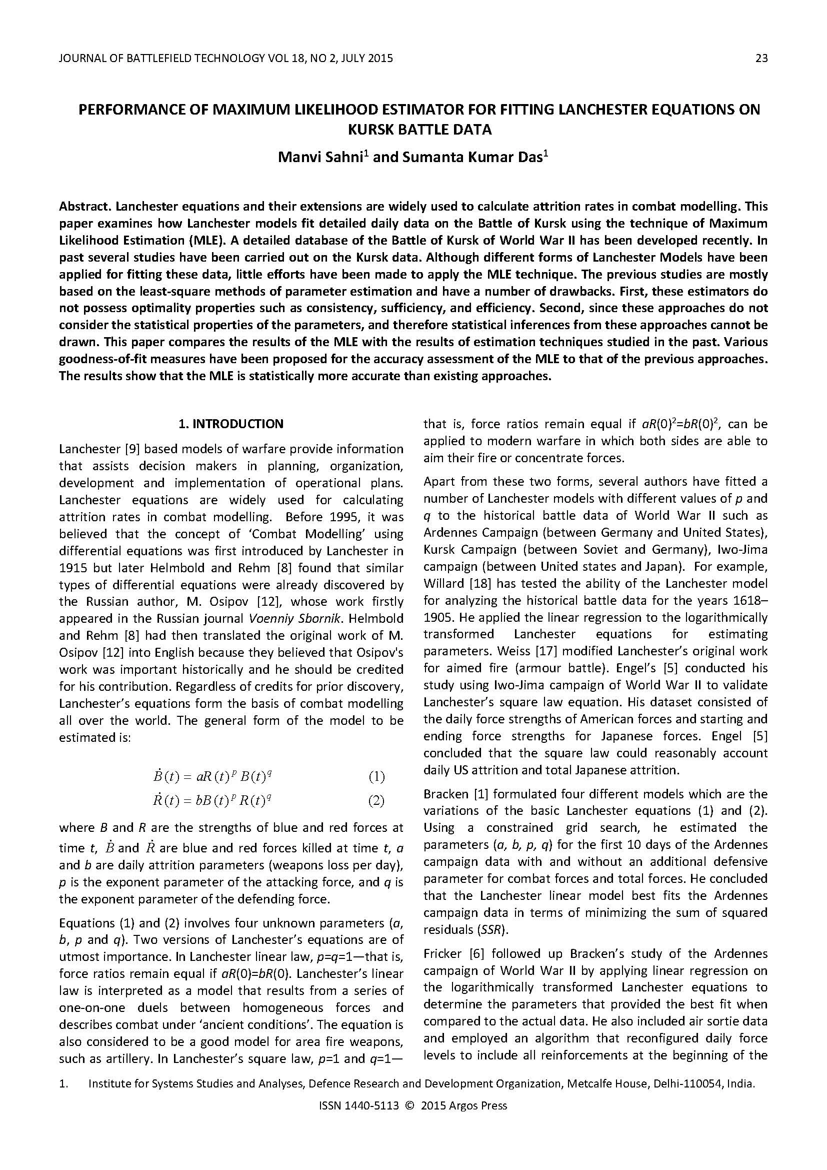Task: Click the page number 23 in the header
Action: (761, 59)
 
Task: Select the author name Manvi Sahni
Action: (320, 157)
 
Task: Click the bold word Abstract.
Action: (85, 207)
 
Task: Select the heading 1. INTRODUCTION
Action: (230, 424)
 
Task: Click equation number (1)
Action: (376, 777)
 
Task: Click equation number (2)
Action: (376, 801)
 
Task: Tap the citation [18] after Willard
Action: (475, 583)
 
